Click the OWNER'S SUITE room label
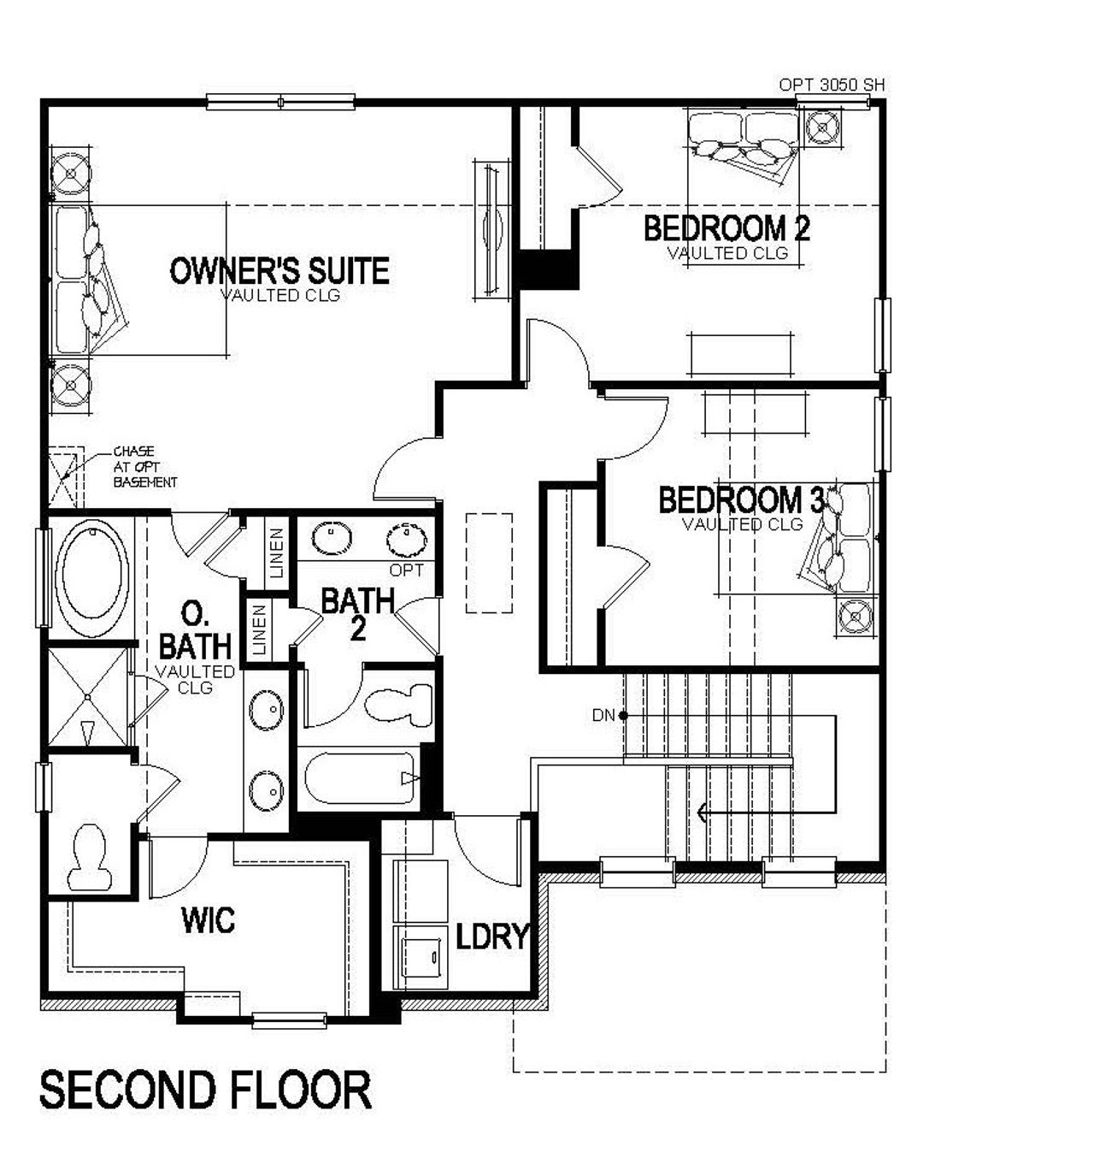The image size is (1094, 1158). point(279,271)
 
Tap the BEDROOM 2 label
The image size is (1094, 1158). point(726,229)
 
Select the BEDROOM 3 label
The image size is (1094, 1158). point(742,500)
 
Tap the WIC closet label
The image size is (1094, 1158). point(208,921)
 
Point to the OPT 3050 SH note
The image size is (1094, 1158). point(831,85)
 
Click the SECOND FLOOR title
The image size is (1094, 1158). point(206,1090)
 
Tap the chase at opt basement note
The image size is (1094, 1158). point(144,467)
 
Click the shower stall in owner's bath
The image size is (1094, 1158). point(86,697)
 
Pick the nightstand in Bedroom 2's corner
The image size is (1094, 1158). point(823,127)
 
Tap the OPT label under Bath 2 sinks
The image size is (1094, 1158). point(406,570)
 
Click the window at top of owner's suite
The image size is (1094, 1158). point(281,102)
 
